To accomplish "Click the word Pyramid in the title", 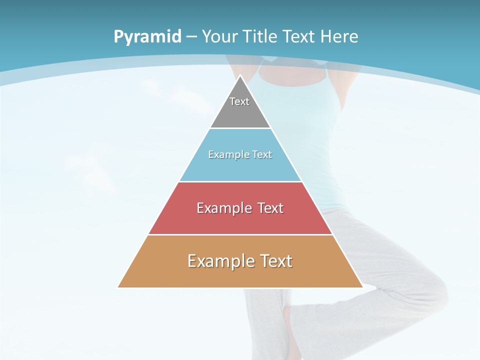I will (147, 36).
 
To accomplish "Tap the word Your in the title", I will (220, 36).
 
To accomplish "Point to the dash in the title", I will (191, 37).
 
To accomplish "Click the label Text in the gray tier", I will (239, 101).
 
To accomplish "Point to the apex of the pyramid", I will (240, 76).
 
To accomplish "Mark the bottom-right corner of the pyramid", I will (362, 287).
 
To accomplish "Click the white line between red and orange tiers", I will (240, 234).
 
